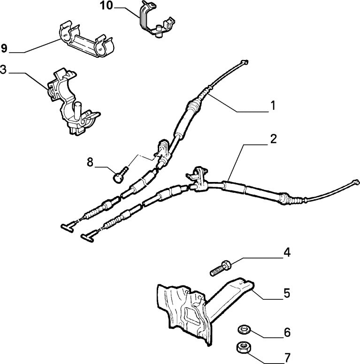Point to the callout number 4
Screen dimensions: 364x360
[286, 253]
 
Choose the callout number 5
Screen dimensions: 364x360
[286, 294]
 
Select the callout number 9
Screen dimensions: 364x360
[4, 48]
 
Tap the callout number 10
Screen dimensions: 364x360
[107, 6]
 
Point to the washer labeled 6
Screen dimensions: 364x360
[244, 329]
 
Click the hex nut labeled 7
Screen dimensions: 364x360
[244, 348]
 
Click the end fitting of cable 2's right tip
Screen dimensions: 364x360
[356, 182]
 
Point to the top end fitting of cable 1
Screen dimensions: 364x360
[244, 62]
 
